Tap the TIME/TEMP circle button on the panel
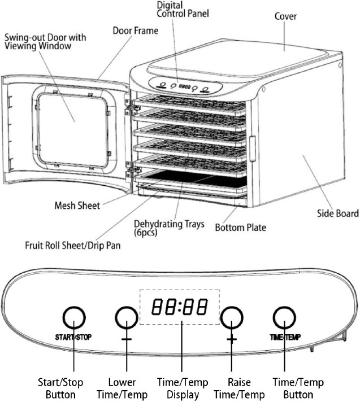(x=284, y=320)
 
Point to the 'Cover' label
(x=286, y=17)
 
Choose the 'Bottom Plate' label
(x=241, y=228)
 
